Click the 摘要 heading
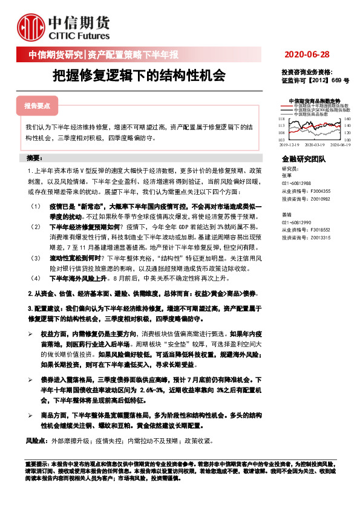pos(34,158)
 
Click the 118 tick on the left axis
pos(281,120)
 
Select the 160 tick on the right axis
pos(347,120)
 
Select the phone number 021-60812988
pos(297,183)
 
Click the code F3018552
pos(319,230)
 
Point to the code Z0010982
pos(319,198)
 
